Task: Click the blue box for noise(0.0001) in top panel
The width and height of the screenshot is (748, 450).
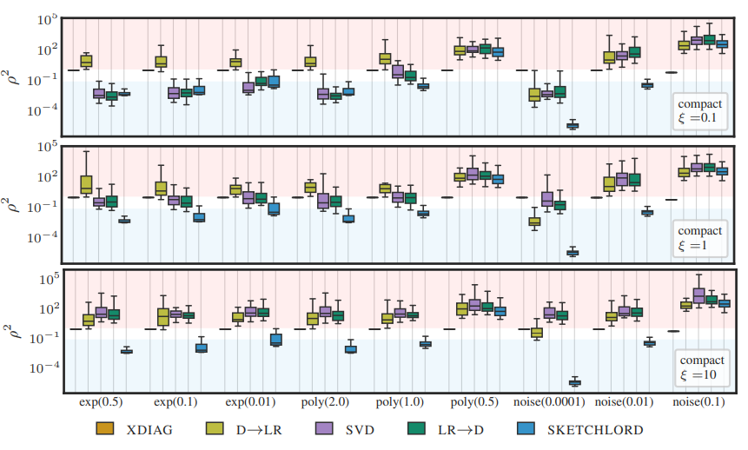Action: (573, 126)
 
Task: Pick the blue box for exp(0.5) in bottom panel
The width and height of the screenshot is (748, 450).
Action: (126, 351)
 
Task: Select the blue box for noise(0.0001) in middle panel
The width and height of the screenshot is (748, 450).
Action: (573, 253)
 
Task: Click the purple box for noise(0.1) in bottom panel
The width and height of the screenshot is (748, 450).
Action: (698, 296)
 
